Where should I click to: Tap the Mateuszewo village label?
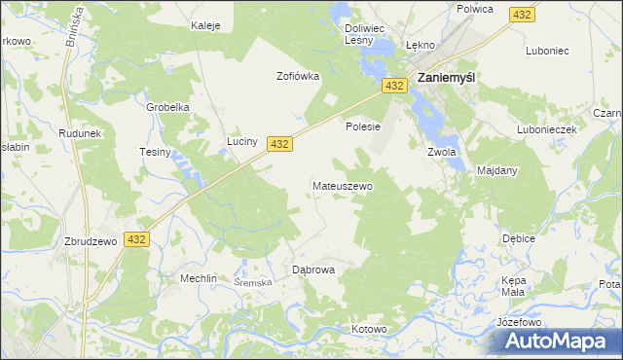pyautogui.click(x=342, y=185)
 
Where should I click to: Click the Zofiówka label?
pyautogui.click(x=298, y=76)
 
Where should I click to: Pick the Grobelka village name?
pyautogui.click(x=167, y=107)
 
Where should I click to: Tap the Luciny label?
pyautogui.click(x=242, y=141)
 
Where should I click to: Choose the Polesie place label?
pyautogui.click(x=362, y=126)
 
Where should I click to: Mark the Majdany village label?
pyautogui.click(x=497, y=170)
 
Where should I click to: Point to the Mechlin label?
pyautogui.click(x=198, y=278)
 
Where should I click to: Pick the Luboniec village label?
pyautogui.click(x=545, y=50)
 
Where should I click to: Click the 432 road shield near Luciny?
pyautogui.click(x=279, y=143)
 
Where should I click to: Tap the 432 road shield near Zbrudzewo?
pyautogui.click(x=136, y=239)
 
